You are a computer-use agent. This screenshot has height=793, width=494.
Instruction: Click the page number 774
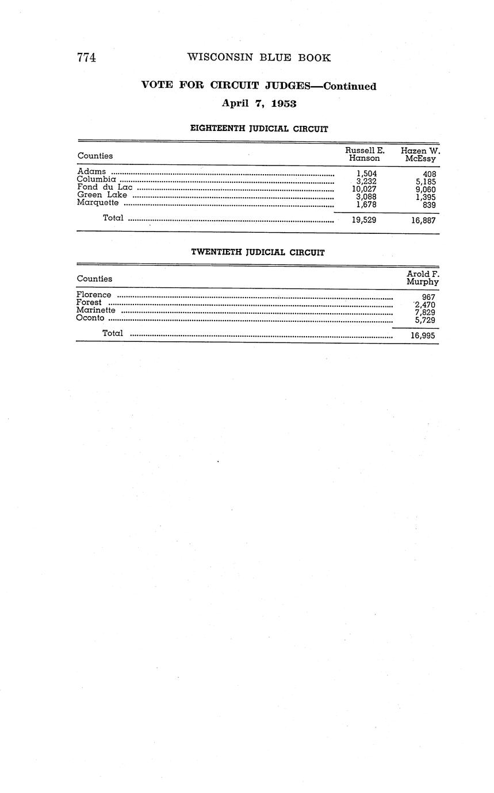[86, 58]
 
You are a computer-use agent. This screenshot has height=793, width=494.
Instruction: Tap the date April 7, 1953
[259, 104]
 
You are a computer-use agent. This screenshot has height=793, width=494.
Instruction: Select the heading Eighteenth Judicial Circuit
[259, 129]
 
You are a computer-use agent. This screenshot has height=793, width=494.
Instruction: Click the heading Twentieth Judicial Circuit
[258, 252]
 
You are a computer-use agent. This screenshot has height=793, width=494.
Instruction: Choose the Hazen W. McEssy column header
[420, 154]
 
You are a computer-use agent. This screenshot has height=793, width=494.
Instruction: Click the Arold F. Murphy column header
[423, 278]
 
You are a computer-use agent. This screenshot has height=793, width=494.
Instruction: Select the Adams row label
[91, 171]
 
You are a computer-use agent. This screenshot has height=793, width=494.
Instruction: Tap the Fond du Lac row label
[105, 187]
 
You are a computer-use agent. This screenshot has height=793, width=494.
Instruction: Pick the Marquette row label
[98, 202]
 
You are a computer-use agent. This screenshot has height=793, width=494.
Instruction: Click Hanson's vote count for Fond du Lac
[364, 189]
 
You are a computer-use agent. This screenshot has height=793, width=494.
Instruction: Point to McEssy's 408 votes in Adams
[429, 174]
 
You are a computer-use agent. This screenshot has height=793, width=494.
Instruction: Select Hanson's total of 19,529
[364, 220]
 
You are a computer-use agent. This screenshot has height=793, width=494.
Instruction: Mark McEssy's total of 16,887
[423, 220]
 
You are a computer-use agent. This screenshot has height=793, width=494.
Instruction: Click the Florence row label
[94, 295]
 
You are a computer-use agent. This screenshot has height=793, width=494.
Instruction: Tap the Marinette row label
[95, 310]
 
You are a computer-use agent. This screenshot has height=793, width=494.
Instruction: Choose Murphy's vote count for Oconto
[425, 321]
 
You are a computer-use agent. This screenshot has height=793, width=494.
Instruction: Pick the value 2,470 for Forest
[425, 305]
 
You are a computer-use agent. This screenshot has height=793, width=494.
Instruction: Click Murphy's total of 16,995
[423, 335]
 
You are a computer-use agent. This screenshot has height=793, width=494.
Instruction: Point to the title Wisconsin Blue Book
[259, 58]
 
